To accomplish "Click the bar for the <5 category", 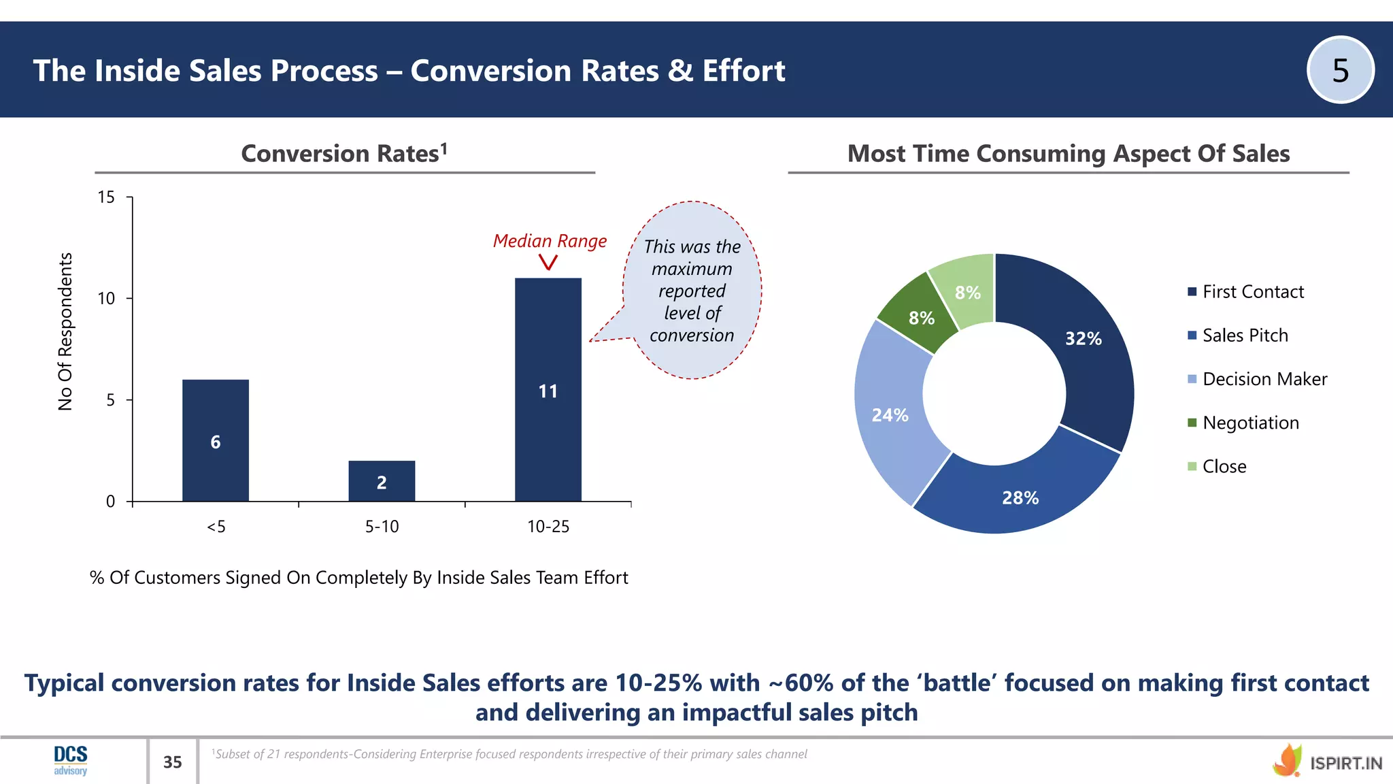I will [x=216, y=440].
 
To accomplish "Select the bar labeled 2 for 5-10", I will [x=382, y=481].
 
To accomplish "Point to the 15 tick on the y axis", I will [x=107, y=197].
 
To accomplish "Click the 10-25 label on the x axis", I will [x=548, y=526].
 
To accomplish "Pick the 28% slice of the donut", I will [x=1020, y=496].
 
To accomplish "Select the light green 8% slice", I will [x=966, y=291].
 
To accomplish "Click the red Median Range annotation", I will [x=550, y=241].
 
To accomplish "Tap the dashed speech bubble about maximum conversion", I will [x=692, y=291].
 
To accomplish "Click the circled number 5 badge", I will [x=1340, y=70].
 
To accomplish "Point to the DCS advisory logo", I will [x=71, y=760].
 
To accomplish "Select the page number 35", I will [x=173, y=762].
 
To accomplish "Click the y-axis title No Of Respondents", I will [x=65, y=331].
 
